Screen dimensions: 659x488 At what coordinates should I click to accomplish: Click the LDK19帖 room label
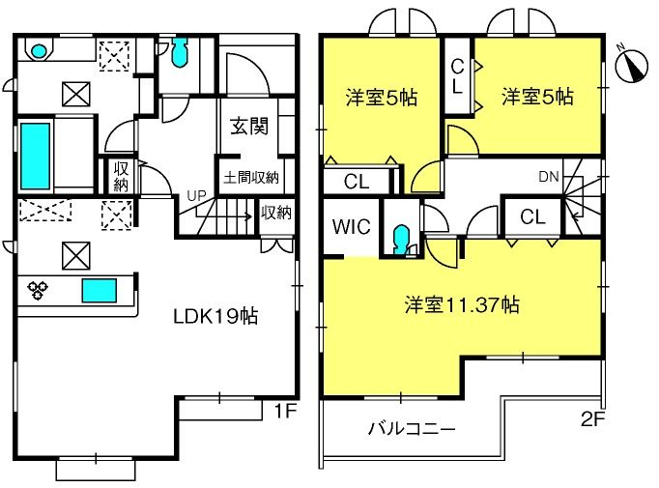point(215,316)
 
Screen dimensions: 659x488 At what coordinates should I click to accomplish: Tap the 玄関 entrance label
point(249,126)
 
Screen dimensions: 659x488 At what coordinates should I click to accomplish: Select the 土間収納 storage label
point(251,178)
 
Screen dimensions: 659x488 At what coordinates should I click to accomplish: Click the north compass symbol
point(632,65)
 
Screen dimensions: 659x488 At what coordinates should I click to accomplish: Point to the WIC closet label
point(352,226)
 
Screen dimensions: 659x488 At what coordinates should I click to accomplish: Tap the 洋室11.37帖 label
point(462,304)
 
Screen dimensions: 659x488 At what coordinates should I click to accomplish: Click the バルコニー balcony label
point(412,429)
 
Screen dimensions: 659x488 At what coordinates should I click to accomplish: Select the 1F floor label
point(286,411)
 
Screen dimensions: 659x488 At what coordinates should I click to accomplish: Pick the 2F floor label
point(592,418)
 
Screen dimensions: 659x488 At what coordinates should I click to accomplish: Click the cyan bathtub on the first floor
point(36,156)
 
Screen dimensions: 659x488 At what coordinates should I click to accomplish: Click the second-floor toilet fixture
point(402,240)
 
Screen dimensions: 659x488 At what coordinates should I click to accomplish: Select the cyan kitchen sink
point(100,291)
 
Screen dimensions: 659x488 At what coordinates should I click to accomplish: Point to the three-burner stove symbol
point(38,290)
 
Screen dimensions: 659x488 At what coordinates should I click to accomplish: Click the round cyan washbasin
point(39,51)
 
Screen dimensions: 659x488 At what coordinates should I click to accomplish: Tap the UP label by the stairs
point(197,195)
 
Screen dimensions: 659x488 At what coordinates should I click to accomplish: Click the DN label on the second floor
point(549,177)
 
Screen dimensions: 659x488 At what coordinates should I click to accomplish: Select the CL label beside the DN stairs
point(532,216)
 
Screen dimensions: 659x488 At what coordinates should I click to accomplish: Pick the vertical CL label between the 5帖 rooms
point(457,76)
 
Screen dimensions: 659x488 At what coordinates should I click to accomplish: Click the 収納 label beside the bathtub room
point(121,177)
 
